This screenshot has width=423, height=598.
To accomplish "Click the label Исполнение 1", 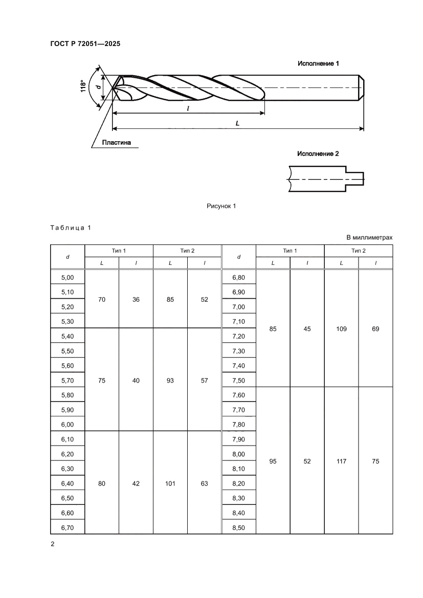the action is click(319, 63).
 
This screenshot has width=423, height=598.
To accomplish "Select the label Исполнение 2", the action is click(318, 153).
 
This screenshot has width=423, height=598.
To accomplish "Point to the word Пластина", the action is click(116, 143).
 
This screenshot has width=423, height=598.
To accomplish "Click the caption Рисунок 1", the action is click(221, 206).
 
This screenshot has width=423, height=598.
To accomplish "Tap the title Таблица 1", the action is click(70, 228).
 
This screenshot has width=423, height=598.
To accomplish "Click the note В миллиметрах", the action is click(369, 237).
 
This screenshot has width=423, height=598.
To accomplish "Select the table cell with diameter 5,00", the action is click(68, 277).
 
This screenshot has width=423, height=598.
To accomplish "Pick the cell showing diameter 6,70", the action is click(68, 527).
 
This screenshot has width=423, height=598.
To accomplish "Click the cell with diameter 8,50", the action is click(238, 527).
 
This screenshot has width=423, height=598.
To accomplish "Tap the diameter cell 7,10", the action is click(238, 321).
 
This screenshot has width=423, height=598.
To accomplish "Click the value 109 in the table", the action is click(341, 329).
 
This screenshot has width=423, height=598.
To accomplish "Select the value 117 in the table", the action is click(341, 461).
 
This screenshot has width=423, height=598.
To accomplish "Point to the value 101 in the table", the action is click(170, 483).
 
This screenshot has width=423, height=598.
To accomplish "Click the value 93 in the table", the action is click(170, 380).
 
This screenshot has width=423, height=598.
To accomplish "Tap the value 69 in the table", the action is click(375, 329).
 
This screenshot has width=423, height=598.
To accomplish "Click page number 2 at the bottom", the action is click(52, 543).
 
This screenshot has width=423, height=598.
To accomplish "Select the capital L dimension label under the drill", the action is click(238, 123).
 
